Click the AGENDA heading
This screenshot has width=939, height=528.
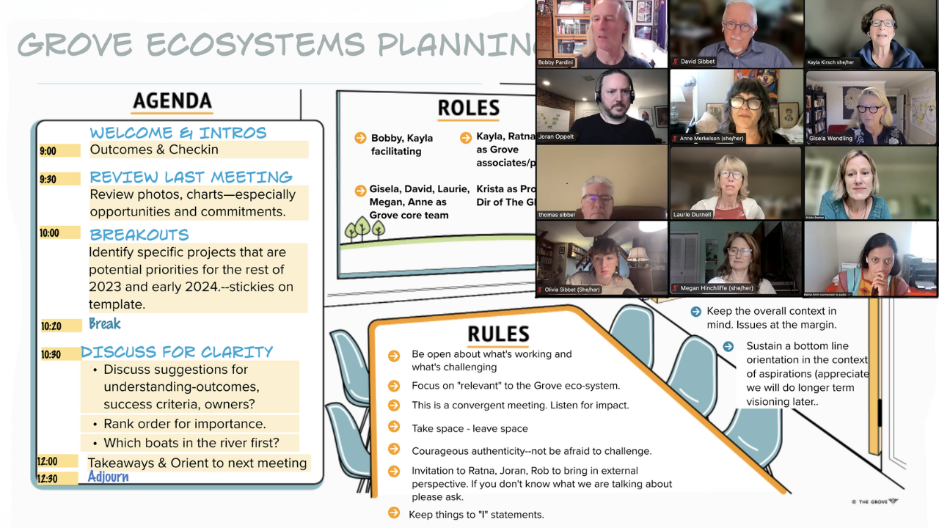pyautogui.click(x=172, y=101)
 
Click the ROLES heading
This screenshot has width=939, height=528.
pyautogui.click(x=468, y=109)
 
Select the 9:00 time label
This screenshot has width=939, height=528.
pyautogui.click(x=48, y=151)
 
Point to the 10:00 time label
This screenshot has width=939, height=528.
pyautogui.click(x=50, y=233)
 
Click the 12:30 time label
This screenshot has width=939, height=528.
pyautogui.click(x=48, y=478)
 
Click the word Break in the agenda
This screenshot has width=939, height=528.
pyautogui.click(x=104, y=324)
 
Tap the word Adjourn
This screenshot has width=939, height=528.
pyautogui.click(x=108, y=477)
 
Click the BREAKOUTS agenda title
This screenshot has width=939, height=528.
pyautogui.click(x=139, y=235)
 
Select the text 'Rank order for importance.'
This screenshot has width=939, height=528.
pyautogui.click(x=184, y=424)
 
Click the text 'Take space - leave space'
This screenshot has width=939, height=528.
pyautogui.click(x=469, y=428)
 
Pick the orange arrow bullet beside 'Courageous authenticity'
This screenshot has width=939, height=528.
pyautogui.click(x=394, y=450)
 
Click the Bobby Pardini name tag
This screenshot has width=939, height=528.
pyautogui.click(x=555, y=62)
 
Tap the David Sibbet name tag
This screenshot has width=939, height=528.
pyautogui.click(x=697, y=62)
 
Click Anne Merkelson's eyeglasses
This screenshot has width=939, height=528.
pyautogui.click(x=747, y=103)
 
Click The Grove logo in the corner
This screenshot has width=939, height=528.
pyautogui.click(x=874, y=502)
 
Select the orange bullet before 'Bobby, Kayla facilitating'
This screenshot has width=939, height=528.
pyautogui.click(x=360, y=138)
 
